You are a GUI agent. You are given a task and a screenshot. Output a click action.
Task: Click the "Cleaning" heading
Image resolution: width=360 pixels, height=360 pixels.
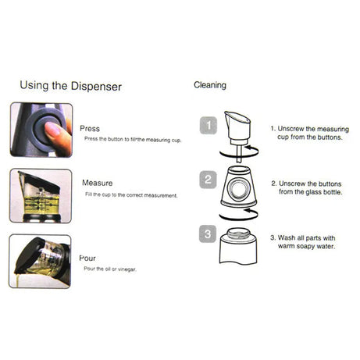[x=209, y=84]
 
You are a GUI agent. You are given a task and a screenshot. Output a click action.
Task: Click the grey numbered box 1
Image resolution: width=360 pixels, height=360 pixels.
[x=207, y=124]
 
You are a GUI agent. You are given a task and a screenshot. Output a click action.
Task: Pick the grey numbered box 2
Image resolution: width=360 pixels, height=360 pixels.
[x=208, y=179]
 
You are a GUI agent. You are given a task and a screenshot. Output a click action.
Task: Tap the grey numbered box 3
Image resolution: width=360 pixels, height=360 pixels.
[x=208, y=233]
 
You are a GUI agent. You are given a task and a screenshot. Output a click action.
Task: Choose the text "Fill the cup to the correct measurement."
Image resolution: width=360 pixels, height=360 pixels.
[x=130, y=195]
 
